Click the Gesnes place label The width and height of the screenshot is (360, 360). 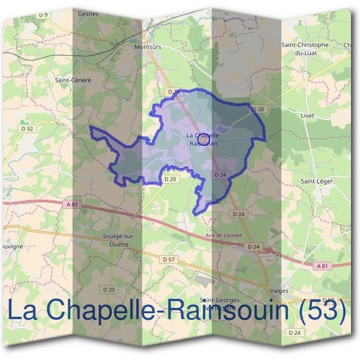coord(104,13)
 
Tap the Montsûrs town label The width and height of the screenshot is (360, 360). coord(149,46)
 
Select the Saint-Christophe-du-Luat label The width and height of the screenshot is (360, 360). coord(305,48)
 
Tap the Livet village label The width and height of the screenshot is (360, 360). coord(308,113)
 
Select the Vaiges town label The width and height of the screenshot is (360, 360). coord(279,290)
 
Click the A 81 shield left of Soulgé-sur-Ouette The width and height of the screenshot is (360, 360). coord(72,205)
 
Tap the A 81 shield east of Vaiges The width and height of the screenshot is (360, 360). coord(323,265)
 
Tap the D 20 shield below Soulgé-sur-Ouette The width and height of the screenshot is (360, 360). coord(109,289)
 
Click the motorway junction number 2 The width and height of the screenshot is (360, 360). coord(278,254)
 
